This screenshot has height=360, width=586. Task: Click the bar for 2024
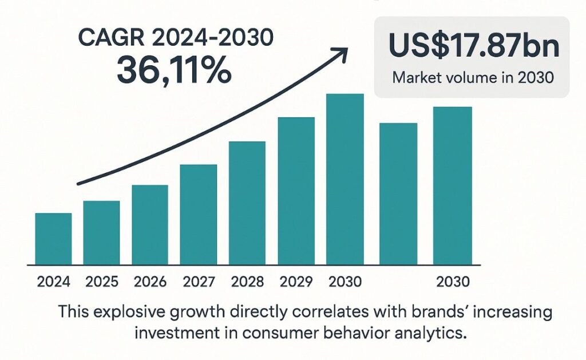[53, 239]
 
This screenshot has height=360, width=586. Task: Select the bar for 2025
[101, 232]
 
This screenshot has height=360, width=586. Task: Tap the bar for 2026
[150, 224]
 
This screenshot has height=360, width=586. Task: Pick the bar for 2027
[198, 214]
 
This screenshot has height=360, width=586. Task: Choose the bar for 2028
[247, 203]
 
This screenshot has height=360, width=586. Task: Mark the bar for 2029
[296, 191]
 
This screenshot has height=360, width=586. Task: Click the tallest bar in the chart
[345, 179]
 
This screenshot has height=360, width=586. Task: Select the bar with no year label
[398, 193]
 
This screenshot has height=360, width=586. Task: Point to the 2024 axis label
[53, 282]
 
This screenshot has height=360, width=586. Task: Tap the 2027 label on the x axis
[199, 282]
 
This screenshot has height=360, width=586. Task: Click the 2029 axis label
[296, 282]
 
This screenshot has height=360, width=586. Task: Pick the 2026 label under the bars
[150, 282]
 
